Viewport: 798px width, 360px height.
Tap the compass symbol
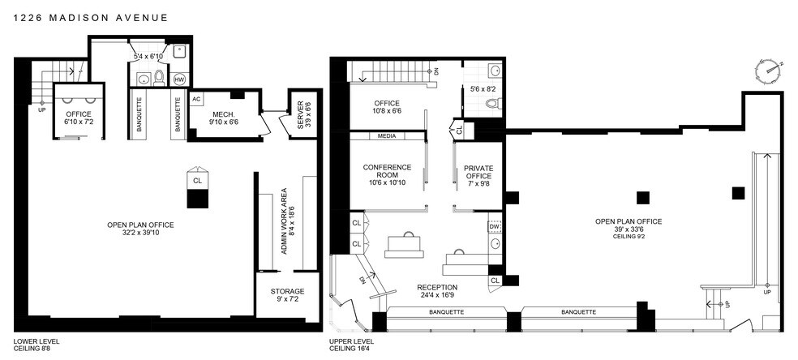coord(768,71)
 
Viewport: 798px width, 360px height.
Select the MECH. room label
coord(224,114)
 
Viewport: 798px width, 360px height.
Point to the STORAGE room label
coord(287,291)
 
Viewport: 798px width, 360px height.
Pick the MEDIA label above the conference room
coord(386,136)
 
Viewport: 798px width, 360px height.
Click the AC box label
coord(196,99)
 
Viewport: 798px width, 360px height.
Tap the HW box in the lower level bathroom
coord(179,79)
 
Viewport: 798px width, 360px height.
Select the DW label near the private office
coord(494,226)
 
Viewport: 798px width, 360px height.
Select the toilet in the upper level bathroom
coord(491,104)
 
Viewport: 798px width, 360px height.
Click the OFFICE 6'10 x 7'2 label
coord(79,118)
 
